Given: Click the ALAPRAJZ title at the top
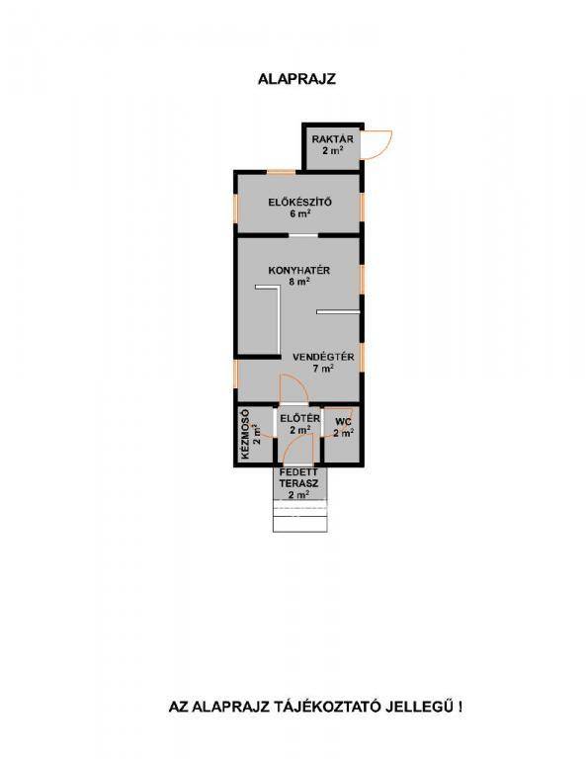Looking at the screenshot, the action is [x=296, y=79].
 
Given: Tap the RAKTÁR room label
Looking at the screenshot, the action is [x=332, y=139].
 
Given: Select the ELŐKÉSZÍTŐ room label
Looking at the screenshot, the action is [x=300, y=202].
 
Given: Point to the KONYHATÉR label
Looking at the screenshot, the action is [x=299, y=270].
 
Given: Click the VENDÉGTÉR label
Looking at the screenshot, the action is [x=323, y=357].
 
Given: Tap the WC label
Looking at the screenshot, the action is [x=343, y=422].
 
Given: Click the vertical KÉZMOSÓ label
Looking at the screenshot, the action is [x=245, y=435].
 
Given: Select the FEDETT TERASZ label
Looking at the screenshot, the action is [x=298, y=477].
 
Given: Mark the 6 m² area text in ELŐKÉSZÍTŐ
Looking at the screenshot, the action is [x=300, y=213].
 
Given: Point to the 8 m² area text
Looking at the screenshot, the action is [x=299, y=282].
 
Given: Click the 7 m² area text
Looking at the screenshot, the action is [x=323, y=369].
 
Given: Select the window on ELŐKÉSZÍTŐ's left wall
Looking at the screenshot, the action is [x=235, y=209].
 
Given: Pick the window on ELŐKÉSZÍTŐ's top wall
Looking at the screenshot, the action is [x=282, y=172].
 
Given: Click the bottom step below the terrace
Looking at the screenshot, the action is [x=300, y=524].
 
